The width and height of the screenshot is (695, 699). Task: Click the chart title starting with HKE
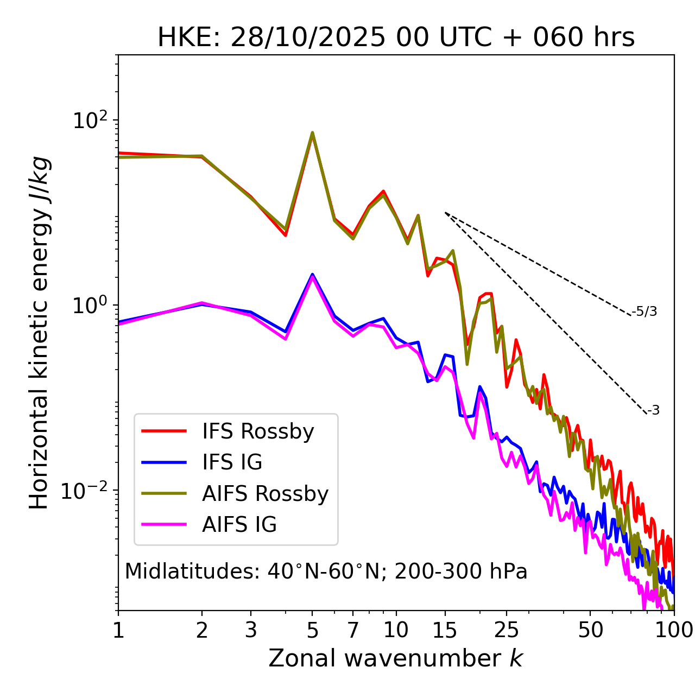pos(396,38)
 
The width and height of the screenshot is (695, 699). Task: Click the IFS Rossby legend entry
pos(258,431)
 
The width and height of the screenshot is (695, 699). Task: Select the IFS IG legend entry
pos(232,462)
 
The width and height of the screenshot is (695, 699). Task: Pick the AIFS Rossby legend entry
pos(265,493)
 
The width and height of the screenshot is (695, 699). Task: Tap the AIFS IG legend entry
pos(239,524)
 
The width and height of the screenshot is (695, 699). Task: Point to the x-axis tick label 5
pos(312,630)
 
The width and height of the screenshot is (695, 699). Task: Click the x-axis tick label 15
pos(445,630)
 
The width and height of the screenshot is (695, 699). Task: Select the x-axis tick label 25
pos(507,630)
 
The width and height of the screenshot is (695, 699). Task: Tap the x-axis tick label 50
pos(590,630)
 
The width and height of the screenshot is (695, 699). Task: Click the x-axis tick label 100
pos(674,630)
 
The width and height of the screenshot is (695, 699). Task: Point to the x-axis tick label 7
pos(353,630)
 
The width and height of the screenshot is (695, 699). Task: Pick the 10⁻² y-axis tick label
pos(87,491)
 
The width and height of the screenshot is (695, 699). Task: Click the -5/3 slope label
pos(645,312)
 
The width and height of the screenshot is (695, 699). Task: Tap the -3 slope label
pos(653,410)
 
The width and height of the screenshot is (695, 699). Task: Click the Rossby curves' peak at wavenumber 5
pos(312,132)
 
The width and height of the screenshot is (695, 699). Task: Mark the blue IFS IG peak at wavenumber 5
pos(312,274)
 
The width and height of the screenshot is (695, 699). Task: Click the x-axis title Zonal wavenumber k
pos(396,658)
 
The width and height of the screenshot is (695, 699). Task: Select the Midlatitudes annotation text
pos(326,571)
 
